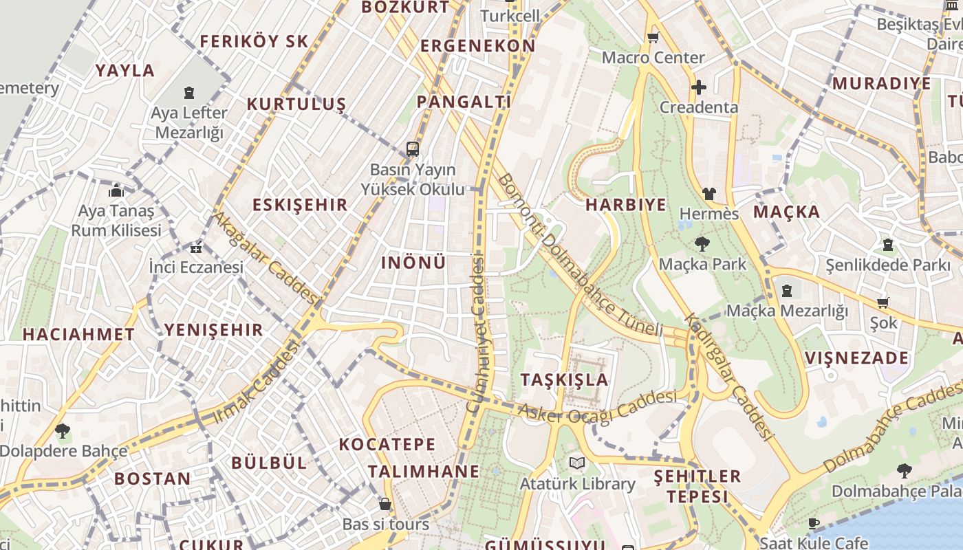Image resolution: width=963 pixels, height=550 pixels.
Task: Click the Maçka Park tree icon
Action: (x=702, y=243)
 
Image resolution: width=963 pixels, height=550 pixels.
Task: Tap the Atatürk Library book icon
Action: (x=577, y=463)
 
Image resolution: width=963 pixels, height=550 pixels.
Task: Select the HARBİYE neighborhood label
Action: (x=626, y=205)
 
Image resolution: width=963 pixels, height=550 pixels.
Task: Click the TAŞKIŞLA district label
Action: (x=564, y=379)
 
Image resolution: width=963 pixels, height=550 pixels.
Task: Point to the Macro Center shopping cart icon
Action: (x=653, y=37)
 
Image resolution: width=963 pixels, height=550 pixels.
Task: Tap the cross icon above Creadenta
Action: (x=698, y=87)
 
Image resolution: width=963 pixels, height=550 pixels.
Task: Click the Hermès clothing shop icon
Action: (x=709, y=194)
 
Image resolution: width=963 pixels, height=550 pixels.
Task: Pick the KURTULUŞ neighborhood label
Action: (x=296, y=104)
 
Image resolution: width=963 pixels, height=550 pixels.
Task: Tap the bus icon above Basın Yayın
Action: (x=413, y=148)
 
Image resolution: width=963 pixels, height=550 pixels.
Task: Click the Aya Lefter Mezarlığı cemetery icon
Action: (x=189, y=92)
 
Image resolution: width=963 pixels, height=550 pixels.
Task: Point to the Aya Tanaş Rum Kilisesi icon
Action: (x=116, y=190)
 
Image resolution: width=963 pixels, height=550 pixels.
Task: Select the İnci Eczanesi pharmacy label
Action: (x=197, y=267)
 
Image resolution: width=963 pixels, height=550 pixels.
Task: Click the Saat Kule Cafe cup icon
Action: (x=813, y=523)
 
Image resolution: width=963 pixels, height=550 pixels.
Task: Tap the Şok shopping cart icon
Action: (x=883, y=302)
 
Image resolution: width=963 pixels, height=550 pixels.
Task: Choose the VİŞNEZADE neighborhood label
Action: (x=856, y=358)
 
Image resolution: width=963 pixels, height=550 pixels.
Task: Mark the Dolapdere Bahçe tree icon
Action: (x=63, y=431)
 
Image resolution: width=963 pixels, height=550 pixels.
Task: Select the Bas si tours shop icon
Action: (x=385, y=505)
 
